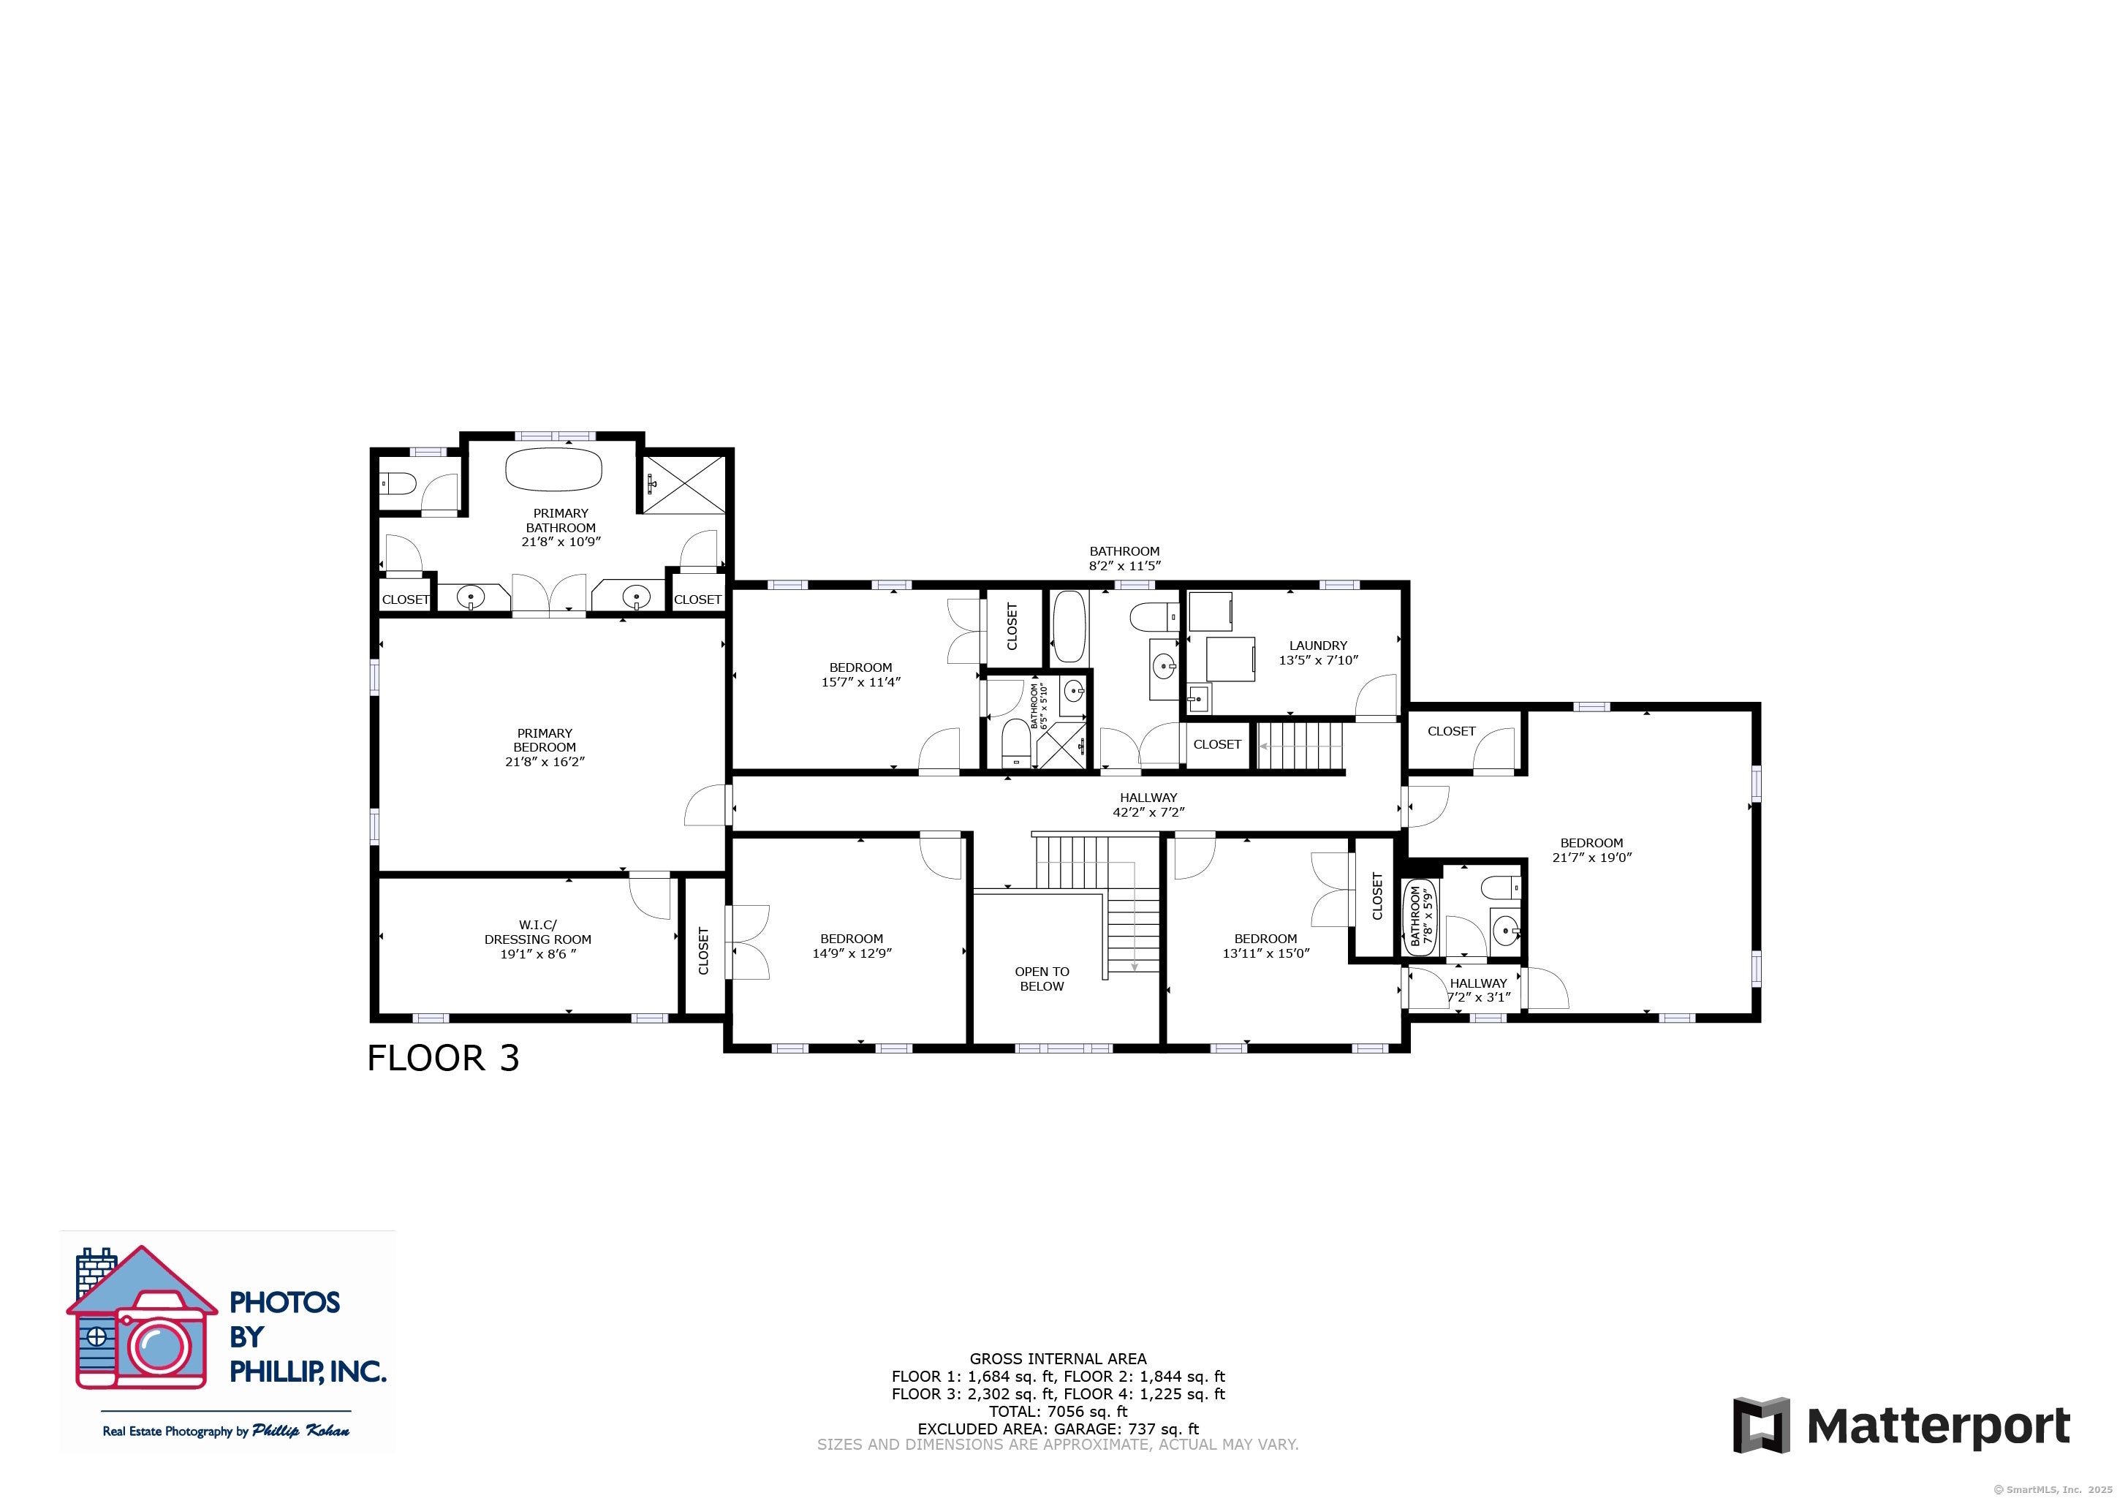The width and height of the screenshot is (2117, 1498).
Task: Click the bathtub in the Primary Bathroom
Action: (553, 469)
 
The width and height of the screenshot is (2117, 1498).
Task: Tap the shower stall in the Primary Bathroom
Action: (683, 484)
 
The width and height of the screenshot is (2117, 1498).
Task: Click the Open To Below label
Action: (1042, 979)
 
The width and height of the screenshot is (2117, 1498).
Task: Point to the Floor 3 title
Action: (444, 1058)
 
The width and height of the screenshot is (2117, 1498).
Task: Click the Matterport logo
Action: (1901, 1426)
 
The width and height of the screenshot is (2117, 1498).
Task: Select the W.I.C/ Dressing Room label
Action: (537, 939)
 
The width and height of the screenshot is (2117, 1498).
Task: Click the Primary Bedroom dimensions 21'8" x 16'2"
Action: (545, 762)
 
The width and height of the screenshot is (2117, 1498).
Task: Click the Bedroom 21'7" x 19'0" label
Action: (1591, 850)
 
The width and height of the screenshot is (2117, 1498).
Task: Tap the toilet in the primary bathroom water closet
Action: (398, 483)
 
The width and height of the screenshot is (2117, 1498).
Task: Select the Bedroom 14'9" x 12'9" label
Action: (851, 945)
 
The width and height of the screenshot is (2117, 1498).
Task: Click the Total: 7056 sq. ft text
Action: (1058, 1411)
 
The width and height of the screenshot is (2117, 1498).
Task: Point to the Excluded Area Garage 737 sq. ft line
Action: (1058, 1429)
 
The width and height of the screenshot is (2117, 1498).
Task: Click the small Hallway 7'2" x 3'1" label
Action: (1478, 990)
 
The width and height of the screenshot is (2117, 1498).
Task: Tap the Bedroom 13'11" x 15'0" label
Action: (1265, 945)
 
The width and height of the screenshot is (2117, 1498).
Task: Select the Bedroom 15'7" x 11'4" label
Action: (860, 674)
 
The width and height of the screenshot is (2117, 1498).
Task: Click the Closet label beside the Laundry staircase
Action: (1216, 744)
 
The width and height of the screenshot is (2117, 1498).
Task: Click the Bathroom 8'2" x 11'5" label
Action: (1124, 558)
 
